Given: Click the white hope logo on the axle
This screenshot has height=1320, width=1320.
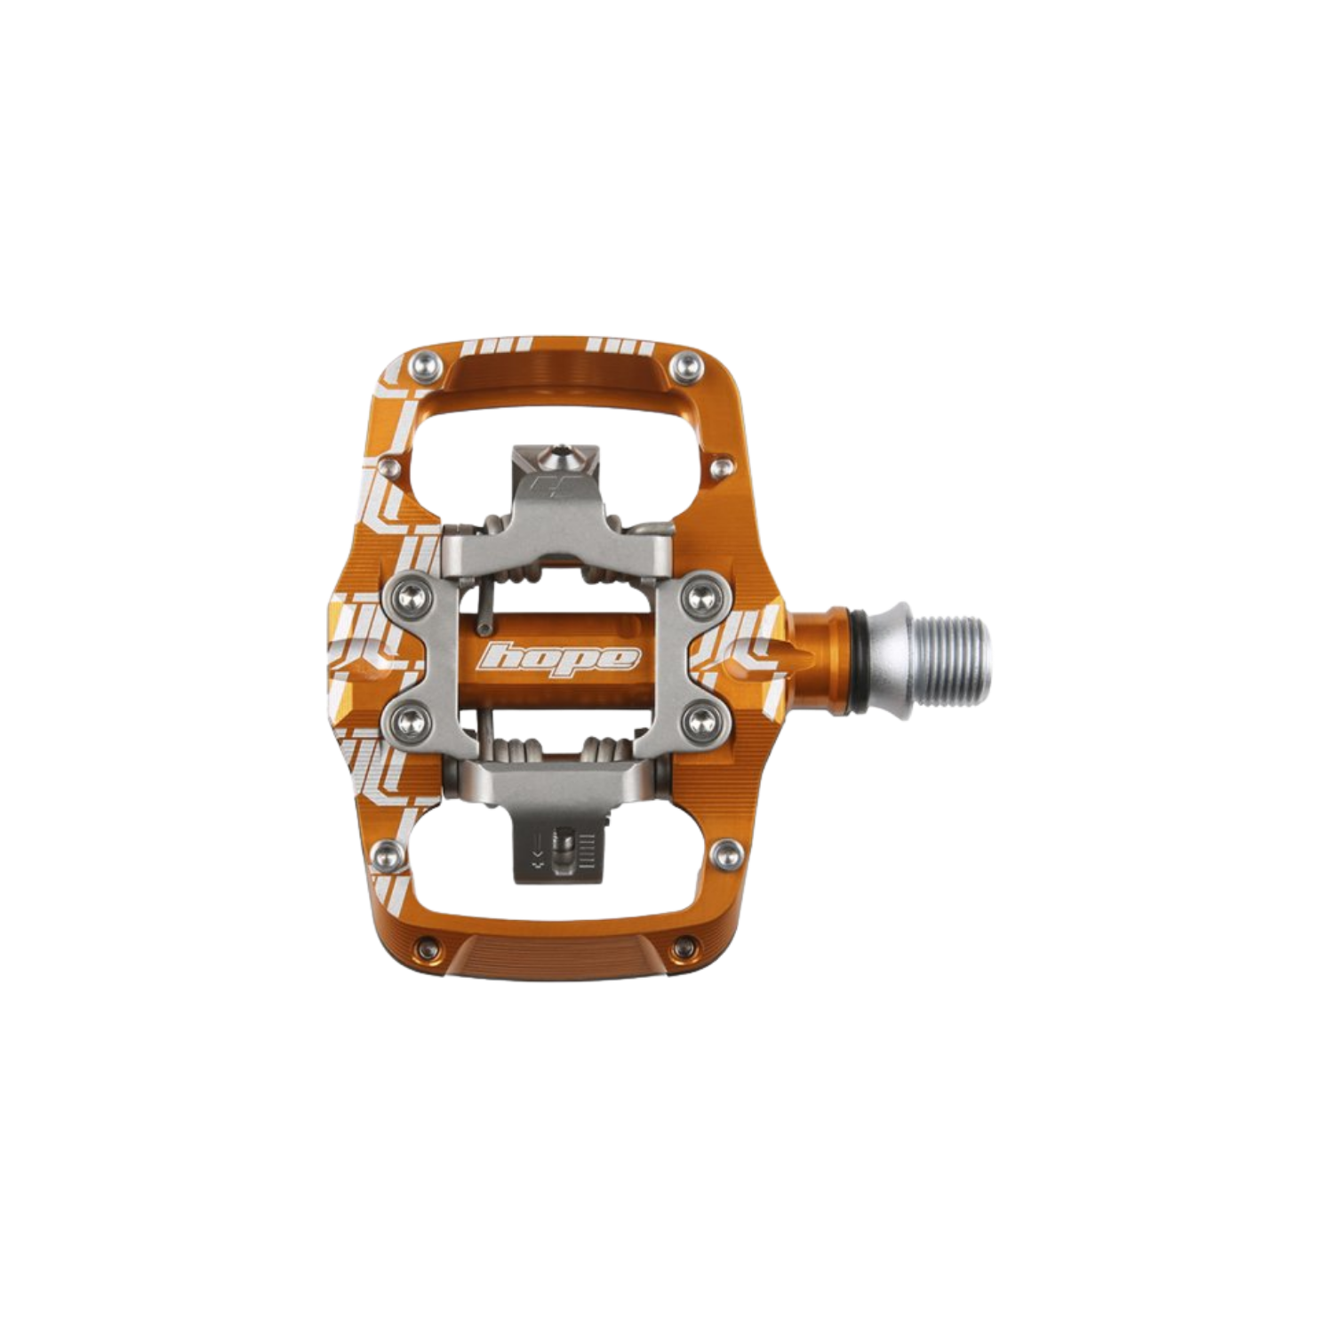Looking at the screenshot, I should (x=559, y=658).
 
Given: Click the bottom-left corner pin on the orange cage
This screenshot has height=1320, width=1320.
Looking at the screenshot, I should (x=431, y=945).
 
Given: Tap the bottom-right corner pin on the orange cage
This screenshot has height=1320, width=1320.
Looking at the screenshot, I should (x=685, y=945).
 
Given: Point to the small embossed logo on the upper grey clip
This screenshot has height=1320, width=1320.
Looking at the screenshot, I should (x=545, y=487).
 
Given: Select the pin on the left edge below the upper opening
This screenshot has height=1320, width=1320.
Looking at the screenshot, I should (x=388, y=466).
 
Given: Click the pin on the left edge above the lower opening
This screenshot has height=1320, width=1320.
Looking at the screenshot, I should (x=385, y=856).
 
